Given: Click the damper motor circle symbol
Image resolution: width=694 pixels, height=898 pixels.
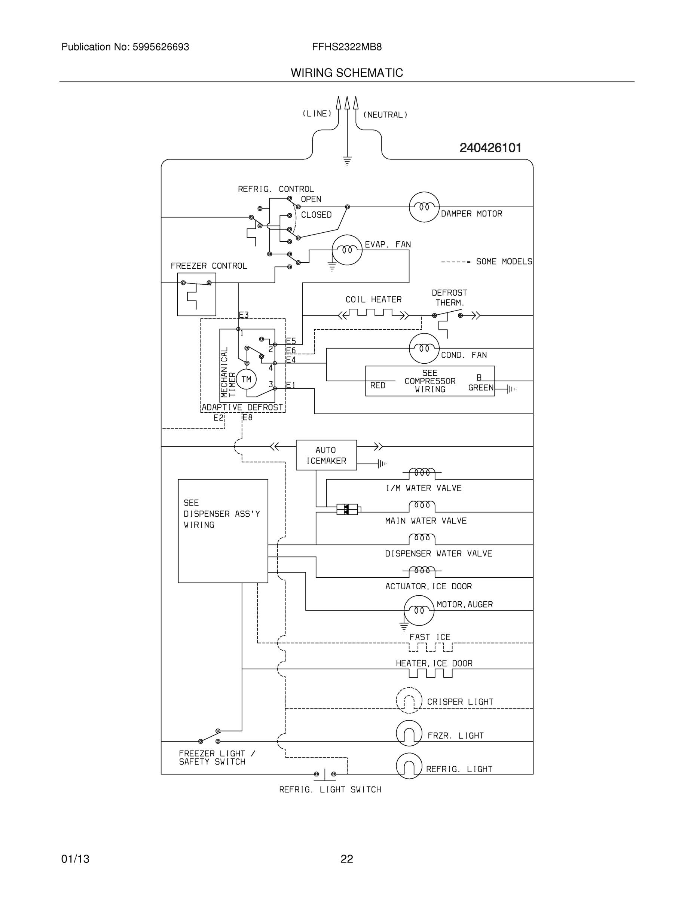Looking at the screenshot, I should pyautogui.click(x=424, y=207).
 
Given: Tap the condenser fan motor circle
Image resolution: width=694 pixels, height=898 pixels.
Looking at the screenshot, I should pyautogui.click(x=424, y=348).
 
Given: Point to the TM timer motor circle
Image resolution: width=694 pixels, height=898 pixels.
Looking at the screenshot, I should pyautogui.click(x=246, y=379).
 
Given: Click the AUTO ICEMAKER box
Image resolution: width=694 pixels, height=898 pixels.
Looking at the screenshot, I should pyautogui.click(x=326, y=455).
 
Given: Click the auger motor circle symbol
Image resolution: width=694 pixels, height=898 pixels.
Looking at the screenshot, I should pyautogui.click(x=419, y=610).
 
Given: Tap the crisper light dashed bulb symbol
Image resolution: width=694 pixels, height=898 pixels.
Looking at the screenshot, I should pyautogui.click(x=409, y=700).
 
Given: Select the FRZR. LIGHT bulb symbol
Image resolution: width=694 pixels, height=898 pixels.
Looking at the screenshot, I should pyautogui.click(x=409, y=733).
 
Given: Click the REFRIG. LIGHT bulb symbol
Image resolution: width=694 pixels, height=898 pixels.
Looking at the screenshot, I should pyautogui.click(x=409, y=766).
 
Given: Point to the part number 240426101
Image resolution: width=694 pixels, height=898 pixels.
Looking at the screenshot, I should pyautogui.click(x=490, y=148).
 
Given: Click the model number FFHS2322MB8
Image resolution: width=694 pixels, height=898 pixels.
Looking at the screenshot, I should pyautogui.click(x=346, y=47).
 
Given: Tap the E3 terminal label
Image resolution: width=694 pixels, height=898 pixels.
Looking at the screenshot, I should pyautogui.click(x=244, y=315).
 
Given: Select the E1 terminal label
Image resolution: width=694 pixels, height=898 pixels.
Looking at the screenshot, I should pyautogui.click(x=291, y=385).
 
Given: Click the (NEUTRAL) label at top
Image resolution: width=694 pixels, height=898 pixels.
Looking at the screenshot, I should pyautogui.click(x=385, y=115).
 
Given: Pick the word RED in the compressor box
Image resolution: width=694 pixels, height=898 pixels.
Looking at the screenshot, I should pyautogui.click(x=377, y=385).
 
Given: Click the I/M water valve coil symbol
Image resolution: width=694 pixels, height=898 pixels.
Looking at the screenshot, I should pyautogui.click(x=422, y=473).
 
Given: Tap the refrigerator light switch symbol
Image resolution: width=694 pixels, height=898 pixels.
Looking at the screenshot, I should pyautogui.click(x=325, y=774).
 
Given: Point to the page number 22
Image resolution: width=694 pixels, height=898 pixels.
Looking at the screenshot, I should pyautogui.click(x=346, y=859).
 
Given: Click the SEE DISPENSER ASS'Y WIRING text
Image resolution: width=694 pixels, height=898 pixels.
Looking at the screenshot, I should pyautogui.click(x=221, y=514).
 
